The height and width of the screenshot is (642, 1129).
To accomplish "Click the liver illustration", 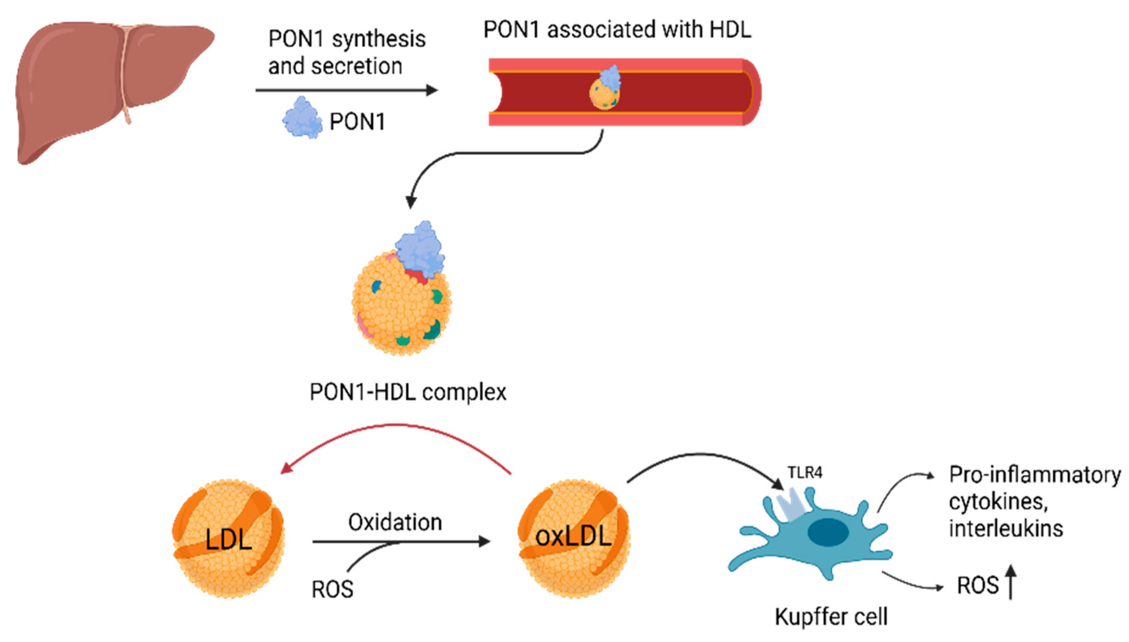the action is pos(110,88).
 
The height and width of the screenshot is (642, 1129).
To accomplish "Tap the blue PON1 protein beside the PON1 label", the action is pos(302,118).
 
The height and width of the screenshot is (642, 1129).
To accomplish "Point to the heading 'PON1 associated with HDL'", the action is pos(617,30).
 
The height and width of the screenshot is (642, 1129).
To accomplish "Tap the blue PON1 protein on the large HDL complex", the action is pos(420,249).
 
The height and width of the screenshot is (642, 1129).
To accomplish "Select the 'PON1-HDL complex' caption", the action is pos(408,392).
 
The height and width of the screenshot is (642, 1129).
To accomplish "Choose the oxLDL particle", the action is pos(574,539).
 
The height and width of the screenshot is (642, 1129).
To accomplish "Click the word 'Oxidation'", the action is pos(395,523).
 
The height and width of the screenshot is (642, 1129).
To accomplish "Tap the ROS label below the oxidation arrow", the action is pos(332,589).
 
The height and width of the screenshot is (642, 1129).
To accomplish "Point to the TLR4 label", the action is pos(805,473).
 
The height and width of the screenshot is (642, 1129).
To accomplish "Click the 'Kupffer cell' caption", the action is pos(831,616).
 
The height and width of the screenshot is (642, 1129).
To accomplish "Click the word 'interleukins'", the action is pos(1006,528).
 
